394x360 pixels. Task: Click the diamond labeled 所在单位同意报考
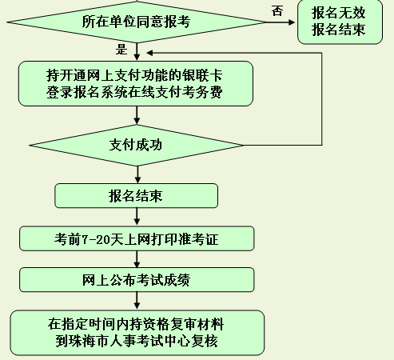(137, 22)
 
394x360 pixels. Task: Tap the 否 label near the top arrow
(277, 11)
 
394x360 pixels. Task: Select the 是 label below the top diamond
(121, 50)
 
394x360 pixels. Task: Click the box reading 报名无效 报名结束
(340, 22)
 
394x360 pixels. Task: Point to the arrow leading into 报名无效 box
(281, 22)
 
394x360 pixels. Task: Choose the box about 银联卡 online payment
(136, 84)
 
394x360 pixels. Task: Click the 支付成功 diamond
(136, 146)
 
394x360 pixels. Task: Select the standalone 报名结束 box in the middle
(136, 196)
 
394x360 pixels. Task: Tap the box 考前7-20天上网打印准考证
(137, 238)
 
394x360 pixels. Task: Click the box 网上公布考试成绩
(137, 280)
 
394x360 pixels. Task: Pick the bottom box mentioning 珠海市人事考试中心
(137, 333)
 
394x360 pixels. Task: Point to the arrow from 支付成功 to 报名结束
(137, 174)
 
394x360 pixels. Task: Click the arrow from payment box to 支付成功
(137, 115)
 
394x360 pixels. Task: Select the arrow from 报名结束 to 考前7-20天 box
(137, 217)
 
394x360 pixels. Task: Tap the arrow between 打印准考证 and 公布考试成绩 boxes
(137, 259)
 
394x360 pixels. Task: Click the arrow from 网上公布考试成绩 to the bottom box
(137, 301)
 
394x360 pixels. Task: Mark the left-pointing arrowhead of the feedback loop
(149, 53)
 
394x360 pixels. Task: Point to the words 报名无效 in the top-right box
(338, 13)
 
